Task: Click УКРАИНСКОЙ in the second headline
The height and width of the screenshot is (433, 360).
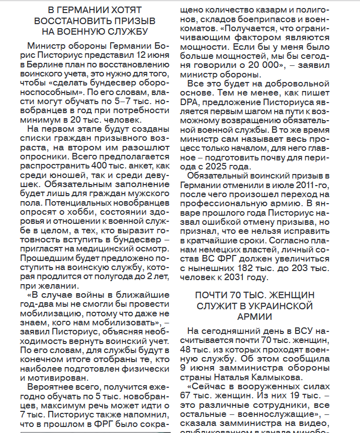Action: click(x=272, y=306)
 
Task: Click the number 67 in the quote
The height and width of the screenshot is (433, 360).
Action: click(x=196, y=397)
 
